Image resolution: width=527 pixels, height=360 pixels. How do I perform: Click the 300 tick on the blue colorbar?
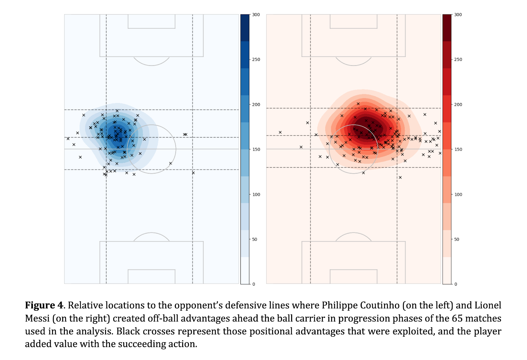pos(256,15)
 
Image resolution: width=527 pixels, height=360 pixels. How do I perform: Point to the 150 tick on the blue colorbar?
pos(256,149)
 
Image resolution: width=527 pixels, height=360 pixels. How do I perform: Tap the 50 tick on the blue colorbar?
pos(255,239)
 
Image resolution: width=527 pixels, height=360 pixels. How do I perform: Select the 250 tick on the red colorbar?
pos(458,60)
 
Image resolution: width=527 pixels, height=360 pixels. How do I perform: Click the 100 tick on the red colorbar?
pos(458,194)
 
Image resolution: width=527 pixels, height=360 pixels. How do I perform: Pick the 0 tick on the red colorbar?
pos(456,284)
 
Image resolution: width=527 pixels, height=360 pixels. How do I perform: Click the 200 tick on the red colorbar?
pos(458,105)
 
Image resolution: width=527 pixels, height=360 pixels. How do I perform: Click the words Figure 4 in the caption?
pos(44,305)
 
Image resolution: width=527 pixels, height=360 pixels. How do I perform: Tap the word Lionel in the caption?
pos(487,305)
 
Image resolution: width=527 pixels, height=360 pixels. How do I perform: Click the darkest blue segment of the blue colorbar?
pos(245,28)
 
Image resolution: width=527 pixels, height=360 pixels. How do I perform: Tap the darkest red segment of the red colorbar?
pos(447,28)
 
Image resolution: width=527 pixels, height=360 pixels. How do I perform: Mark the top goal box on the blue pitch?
pos(152,21)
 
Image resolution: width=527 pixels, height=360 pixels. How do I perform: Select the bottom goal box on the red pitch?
pos(353,276)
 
